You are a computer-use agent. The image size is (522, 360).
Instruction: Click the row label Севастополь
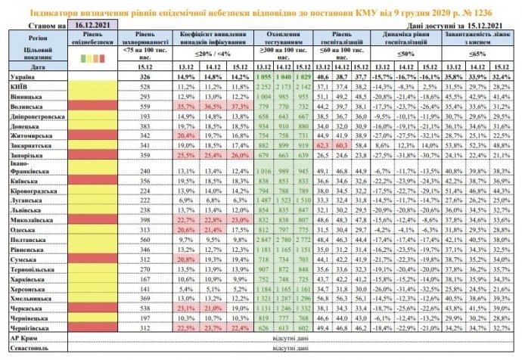pos(26,347)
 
